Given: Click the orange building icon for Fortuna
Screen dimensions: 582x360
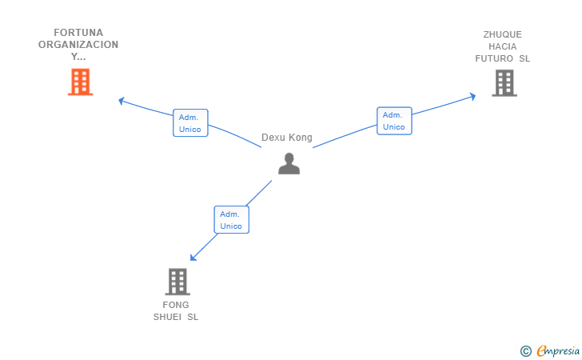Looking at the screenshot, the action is [x=80, y=82].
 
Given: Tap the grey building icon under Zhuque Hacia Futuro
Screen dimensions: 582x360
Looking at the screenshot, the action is [x=504, y=83].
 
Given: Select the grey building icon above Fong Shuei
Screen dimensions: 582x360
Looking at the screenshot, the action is [x=177, y=282].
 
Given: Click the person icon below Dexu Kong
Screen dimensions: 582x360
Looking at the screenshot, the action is [x=289, y=163].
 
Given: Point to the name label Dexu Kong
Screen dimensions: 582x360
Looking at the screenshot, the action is [x=286, y=138].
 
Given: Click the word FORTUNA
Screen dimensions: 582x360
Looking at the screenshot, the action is [x=78, y=33].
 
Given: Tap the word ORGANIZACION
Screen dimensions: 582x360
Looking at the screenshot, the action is [x=78, y=45].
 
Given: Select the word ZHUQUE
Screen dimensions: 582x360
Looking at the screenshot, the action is [x=503, y=34].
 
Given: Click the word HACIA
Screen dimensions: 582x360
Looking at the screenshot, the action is [x=503, y=46].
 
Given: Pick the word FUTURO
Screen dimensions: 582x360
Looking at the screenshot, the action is [x=494, y=58].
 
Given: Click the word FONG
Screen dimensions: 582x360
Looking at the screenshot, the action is [x=176, y=305].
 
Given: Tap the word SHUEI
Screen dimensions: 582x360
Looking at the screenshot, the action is [x=167, y=317].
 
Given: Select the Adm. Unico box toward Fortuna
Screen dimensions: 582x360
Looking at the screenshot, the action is [x=190, y=123].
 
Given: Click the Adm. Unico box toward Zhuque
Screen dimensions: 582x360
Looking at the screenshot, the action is [x=394, y=121].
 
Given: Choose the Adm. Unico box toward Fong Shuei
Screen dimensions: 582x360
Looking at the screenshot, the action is [x=231, y=219].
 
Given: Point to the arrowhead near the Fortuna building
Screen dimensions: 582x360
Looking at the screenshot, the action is [x=121, y=101].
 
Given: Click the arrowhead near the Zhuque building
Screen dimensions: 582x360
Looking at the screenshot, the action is [x=473, y=97].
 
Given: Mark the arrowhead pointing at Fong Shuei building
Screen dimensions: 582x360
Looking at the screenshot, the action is [x=193, y=258].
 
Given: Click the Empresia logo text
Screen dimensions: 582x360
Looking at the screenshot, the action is [x=558, y=350].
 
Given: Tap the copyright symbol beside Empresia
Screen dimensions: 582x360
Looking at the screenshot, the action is [x=525, y=351].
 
